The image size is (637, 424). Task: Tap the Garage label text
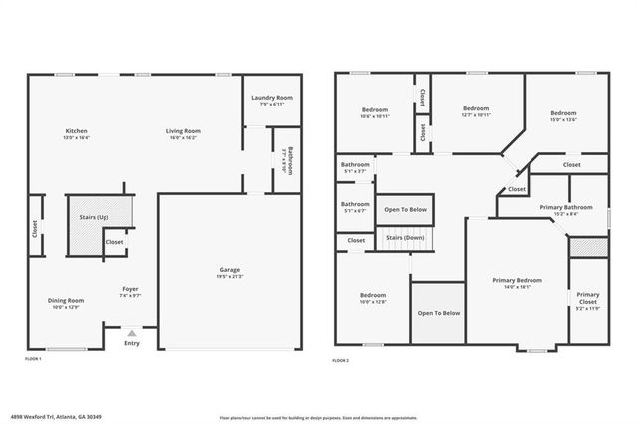click(230, 272)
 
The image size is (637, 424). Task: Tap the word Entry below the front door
click(132, 344)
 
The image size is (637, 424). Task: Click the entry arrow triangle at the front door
click(132, 333)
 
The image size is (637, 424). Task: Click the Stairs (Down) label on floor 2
click(405, 239)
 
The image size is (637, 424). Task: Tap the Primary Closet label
click(587, 297)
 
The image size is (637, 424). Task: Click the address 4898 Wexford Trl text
click(60, 417)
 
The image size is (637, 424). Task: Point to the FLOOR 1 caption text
click(33, 359)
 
